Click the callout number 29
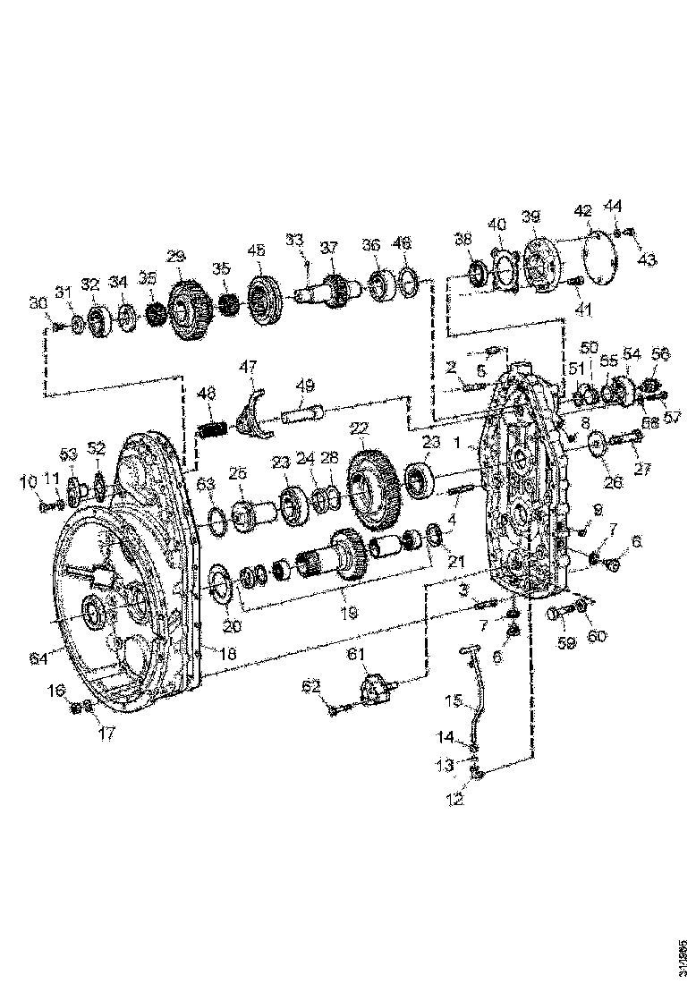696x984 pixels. coord(175,257)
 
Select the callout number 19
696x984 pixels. coord(349,614)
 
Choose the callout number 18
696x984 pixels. coord(229,655)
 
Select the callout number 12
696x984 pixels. coord(457,800)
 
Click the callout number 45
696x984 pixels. coord(257,251)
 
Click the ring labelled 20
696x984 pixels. coord(219,586)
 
